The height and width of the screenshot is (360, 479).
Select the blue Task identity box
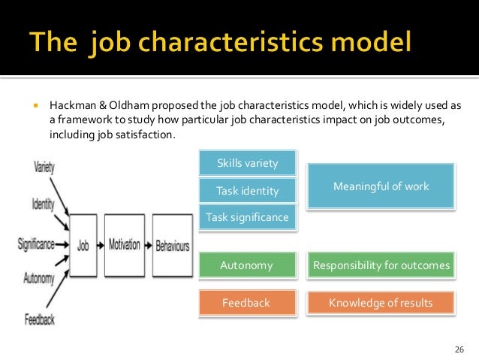[247, 191]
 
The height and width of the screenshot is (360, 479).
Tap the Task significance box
[247, 217]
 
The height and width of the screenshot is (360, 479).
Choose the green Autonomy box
[247, 265]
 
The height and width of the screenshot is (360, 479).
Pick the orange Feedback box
[247, 303]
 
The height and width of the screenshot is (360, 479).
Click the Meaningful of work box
[381, 186]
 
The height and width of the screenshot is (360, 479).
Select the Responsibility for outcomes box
[381, 265]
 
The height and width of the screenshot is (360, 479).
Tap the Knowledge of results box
[381, 303]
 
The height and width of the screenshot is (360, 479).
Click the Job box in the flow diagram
[83, 244]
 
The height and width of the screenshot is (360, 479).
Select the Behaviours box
[172, 244]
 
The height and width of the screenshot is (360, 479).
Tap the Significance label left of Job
[36, 244]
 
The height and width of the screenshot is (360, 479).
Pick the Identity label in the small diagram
[43, 203]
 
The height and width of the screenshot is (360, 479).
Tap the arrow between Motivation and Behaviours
[148, 244]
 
